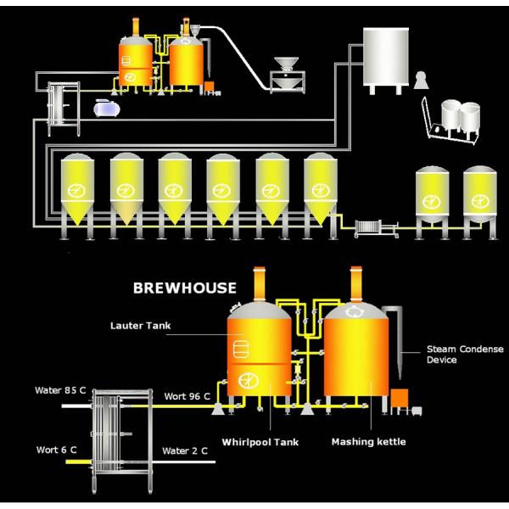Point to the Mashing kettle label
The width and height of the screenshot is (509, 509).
368,441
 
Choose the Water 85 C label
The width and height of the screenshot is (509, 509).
59,390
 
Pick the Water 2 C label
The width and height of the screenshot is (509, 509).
184,450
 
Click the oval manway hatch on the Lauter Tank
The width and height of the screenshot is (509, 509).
240,350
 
